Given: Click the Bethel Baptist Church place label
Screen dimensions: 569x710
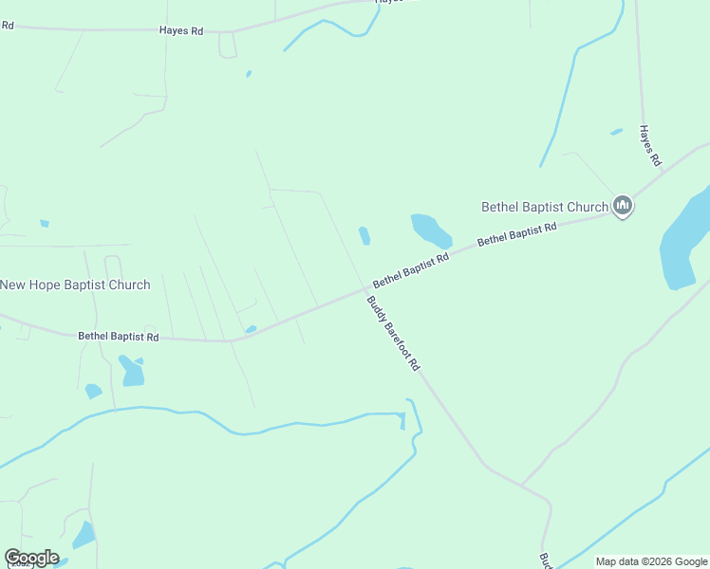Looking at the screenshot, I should (544, 207).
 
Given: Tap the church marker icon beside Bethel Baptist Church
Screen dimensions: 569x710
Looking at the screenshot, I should (623, 206).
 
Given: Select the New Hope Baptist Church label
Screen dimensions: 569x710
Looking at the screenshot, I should (75, 284).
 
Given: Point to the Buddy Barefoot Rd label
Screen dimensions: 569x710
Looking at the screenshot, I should (393, 333).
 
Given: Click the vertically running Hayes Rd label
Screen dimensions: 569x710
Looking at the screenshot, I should (649, 146).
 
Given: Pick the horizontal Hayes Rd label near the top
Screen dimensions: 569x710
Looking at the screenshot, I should (181, 31).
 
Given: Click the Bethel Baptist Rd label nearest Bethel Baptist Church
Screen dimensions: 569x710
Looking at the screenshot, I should (516, 234).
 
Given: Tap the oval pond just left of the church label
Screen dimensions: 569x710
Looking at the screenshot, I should (430, 230).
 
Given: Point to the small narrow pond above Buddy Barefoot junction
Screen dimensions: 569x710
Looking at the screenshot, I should (364, 235).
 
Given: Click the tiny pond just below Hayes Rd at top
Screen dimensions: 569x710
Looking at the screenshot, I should (249, 73).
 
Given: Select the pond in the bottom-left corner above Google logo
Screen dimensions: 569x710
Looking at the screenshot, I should (84, 536).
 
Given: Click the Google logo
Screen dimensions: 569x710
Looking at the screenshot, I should (31, 558).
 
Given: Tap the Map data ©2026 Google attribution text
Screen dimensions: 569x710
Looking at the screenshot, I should (651, 561).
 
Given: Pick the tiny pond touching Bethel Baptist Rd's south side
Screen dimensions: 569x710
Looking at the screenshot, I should (251, 329).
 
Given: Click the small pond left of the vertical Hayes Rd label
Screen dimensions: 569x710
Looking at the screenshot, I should (616, 132).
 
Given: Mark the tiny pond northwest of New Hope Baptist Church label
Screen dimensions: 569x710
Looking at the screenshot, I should (45, 224).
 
